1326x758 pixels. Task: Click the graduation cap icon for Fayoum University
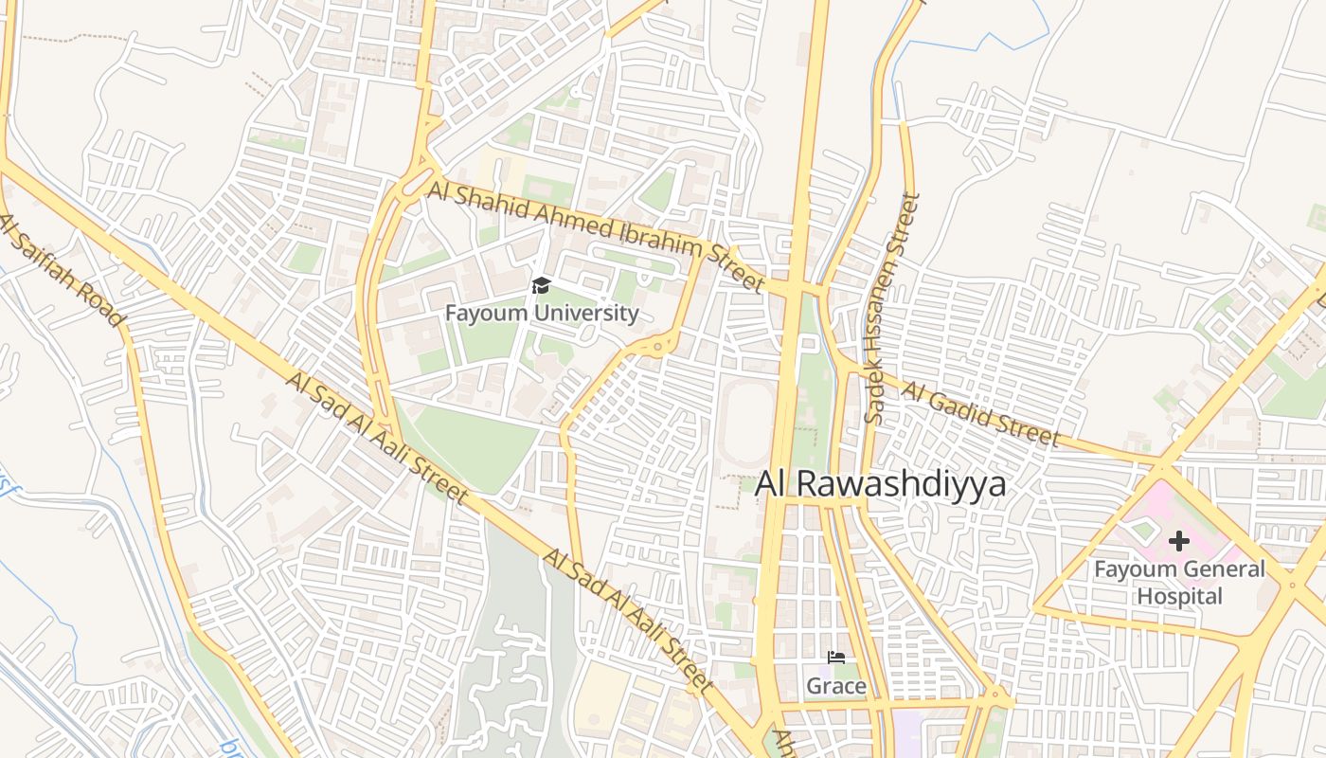point(541,285)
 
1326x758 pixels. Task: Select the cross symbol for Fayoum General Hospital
point(1179,541)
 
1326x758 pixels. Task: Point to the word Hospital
point(1179,596)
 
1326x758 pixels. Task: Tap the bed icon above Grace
point(836,658)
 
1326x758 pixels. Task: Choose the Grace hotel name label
point(836,685)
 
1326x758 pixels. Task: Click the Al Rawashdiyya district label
point(880,484)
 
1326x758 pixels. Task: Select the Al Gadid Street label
point(979,414)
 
